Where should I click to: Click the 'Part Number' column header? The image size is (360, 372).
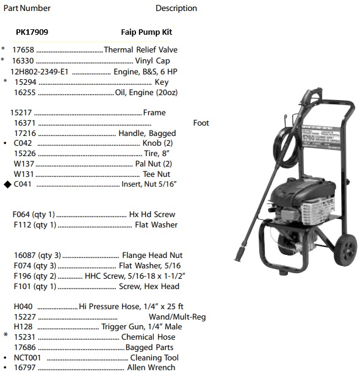click(x=26, y=8)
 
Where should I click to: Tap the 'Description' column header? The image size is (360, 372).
click(x=176, y=9)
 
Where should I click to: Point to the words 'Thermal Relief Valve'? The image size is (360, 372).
click(x=141, y=50)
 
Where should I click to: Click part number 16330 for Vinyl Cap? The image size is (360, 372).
click(x=24, y=61)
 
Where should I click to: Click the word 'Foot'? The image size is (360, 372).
click(x=201, y=123)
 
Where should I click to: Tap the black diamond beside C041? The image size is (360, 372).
click(x=7, y=184)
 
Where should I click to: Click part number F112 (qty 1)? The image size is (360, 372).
click(x=34, y=225)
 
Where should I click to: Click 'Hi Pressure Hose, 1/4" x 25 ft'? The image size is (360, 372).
click(x=131, y=306)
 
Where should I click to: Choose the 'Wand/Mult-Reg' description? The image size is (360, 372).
click(x=177, y=317)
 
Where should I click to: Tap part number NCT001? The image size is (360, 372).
click(x=27, y=357)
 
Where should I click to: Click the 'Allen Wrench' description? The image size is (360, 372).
click(x=151, y=368)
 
